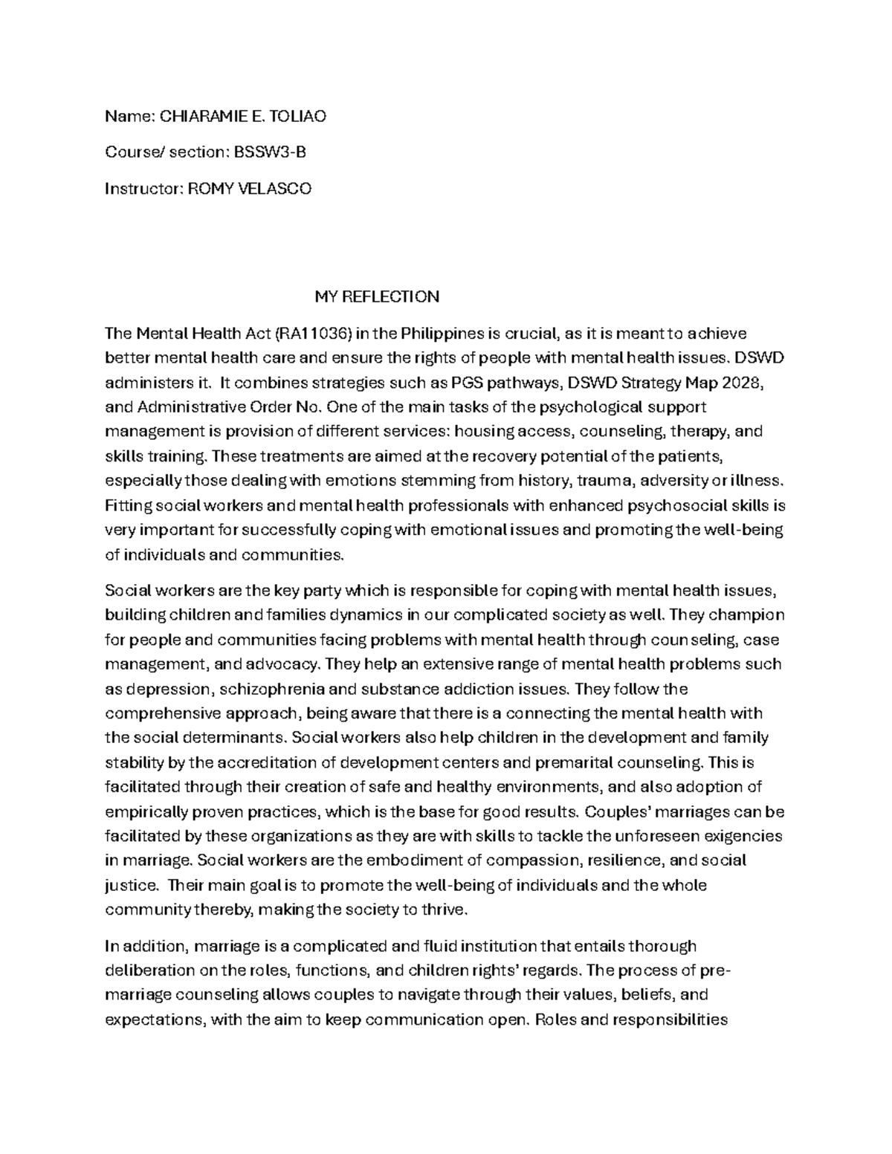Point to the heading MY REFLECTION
(x=377, y=296)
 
